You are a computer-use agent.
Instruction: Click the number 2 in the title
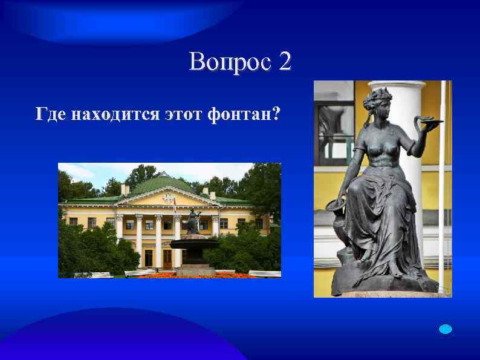[x=285, y=62]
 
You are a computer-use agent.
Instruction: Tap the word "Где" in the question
[x=50, y=113]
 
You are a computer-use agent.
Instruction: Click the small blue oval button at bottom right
[x=446, y=329]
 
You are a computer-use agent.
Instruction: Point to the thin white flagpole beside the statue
[x=442, y=182]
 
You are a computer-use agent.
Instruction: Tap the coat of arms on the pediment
[x=168, y=197]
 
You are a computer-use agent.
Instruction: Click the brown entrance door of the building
[x=167, y=258]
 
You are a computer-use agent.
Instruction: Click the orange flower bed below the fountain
[x=181, y=275]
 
